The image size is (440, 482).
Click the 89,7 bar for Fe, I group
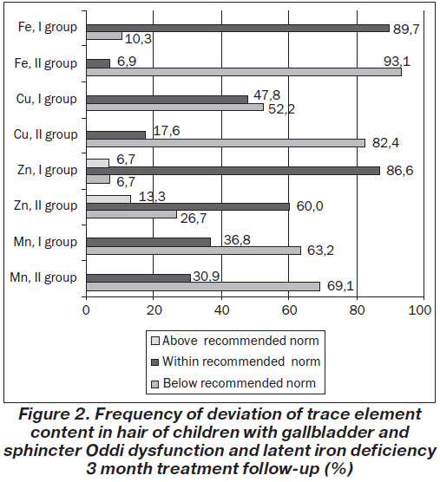238,29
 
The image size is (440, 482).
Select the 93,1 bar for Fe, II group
244,72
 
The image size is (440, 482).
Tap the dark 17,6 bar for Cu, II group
116,135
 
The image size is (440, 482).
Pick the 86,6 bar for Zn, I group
233,171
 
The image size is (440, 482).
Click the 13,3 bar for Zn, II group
108,199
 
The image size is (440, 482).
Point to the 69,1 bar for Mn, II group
203,286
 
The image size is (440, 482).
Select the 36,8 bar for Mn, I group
148,242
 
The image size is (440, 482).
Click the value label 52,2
281,109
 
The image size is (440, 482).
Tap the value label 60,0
310,206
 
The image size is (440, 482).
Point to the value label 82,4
385,143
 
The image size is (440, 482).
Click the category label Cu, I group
47,100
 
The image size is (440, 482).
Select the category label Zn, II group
45,206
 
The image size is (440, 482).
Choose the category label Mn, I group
45,242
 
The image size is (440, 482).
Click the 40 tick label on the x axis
222,310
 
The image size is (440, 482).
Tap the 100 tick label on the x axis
420,310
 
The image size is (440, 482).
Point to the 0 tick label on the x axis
86,310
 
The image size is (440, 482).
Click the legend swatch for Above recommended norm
155,341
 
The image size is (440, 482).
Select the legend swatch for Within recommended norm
155,362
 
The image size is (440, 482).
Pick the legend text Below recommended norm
240,383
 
